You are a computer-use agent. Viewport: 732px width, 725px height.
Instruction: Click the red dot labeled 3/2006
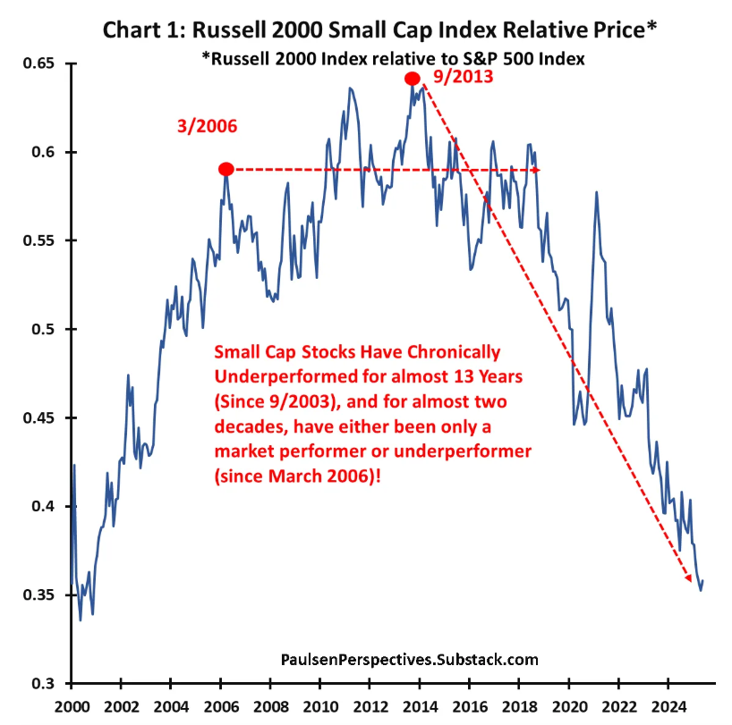click(226, 169)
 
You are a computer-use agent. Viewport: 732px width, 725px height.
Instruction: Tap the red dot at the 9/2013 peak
click(412, 79)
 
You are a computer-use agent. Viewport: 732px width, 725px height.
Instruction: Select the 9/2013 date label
click(462, 77)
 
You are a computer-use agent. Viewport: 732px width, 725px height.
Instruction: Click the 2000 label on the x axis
click(71, 706)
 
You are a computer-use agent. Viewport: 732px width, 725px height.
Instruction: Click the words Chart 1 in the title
click(143, 30)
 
